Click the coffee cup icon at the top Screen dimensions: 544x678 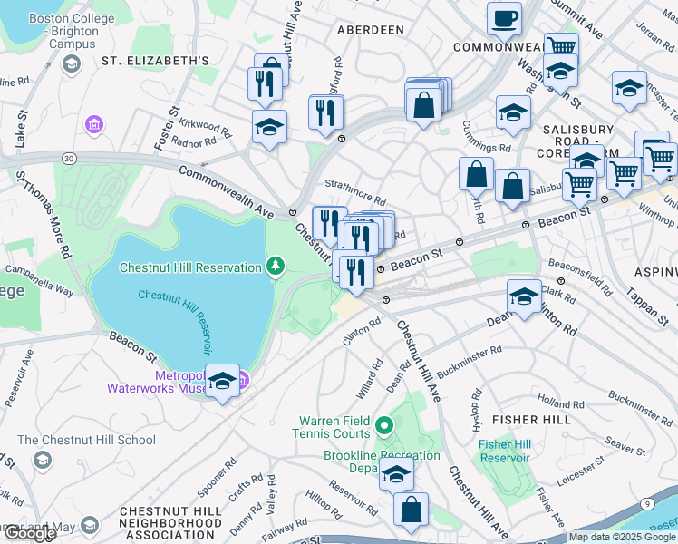505,18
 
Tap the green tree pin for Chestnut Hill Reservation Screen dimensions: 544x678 275,266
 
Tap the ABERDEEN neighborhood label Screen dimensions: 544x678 370,30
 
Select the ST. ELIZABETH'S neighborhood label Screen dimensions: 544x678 155,61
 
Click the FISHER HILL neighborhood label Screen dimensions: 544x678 531,420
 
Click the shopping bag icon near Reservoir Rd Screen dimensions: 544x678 412,510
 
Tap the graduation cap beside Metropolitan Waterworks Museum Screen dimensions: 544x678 222,382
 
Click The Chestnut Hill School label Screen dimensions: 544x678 86,441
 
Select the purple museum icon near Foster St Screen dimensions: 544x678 92,123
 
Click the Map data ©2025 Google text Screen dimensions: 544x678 623,537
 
